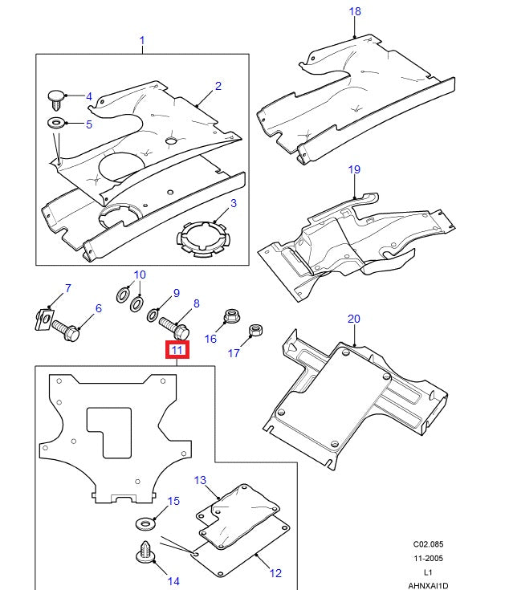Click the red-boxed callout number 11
(177, 350)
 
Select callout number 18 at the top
(355, 11)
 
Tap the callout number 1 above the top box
(142, 40)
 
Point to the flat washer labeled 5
(55, 124)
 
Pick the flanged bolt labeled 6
(67, 329)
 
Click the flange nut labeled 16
(231, 315)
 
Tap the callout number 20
(354, 319)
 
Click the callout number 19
(354, 169)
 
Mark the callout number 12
(275, 573)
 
